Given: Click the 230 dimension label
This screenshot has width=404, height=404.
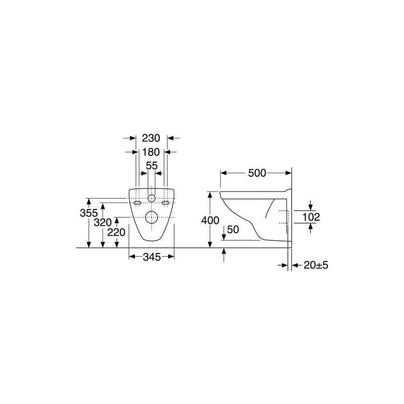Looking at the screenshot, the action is [151, 138].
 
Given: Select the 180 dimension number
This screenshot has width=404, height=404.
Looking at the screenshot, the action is [151, 152].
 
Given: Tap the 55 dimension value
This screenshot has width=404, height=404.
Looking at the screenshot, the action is [151, 166].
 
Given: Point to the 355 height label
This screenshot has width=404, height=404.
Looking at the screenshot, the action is [89, 213].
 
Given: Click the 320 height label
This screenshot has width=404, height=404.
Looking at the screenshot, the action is [103, 222].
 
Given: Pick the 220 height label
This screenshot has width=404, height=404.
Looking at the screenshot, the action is [116, 232].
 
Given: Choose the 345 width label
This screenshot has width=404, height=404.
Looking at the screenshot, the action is [152, 257].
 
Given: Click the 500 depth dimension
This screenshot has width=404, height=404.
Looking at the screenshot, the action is [257, 173].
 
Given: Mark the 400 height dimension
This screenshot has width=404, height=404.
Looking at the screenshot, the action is [210, 221].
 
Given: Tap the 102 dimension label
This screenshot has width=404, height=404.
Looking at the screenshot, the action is [311, 217].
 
